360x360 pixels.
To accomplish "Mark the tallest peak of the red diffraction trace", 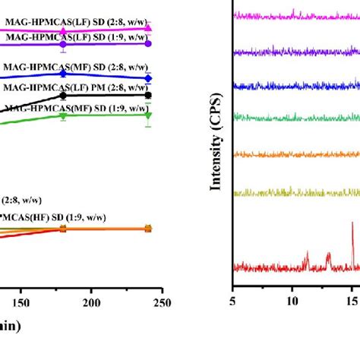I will click(x=352, y=223).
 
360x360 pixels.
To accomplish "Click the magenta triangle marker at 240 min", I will click(x=148, y=27).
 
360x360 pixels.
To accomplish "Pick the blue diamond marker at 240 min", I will click(x=148, y=78).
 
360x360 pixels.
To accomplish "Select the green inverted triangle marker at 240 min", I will click(x=148, y=115).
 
